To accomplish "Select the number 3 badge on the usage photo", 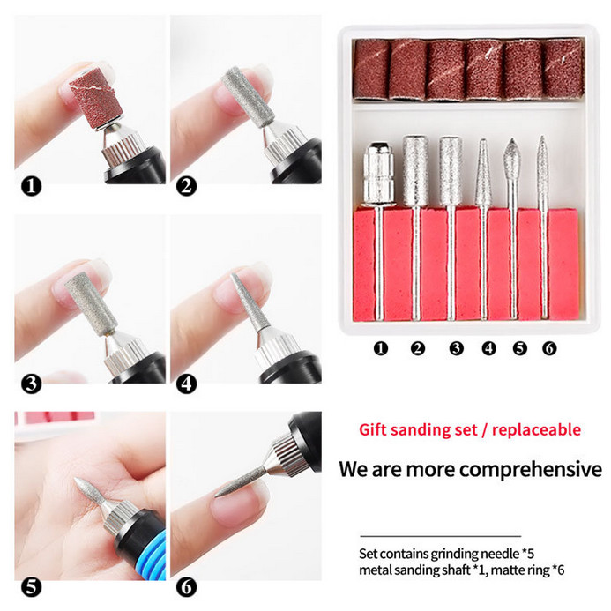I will click(x=31, y=384).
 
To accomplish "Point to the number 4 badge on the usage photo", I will click(x=186, y=384).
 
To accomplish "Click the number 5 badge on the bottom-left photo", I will click(x=31, y=585).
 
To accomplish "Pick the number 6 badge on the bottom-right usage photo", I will click(x=186, y=585).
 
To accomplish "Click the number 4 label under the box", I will click(x=488, y=348).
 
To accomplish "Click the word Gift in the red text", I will click(x=374, y=429).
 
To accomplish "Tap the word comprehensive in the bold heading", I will click(x=527, y=468).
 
